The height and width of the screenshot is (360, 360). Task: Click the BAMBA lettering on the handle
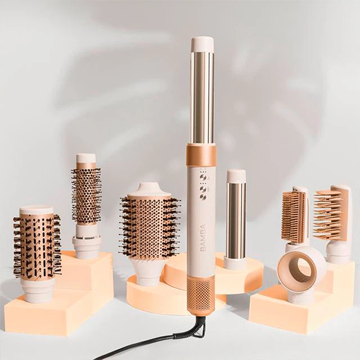[203, 238]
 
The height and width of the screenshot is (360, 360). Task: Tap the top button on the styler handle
[203, 178]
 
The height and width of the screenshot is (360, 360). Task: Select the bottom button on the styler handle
[203, 197]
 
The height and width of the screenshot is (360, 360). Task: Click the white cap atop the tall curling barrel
[202, 44]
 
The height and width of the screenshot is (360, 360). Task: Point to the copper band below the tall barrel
[201, 155]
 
